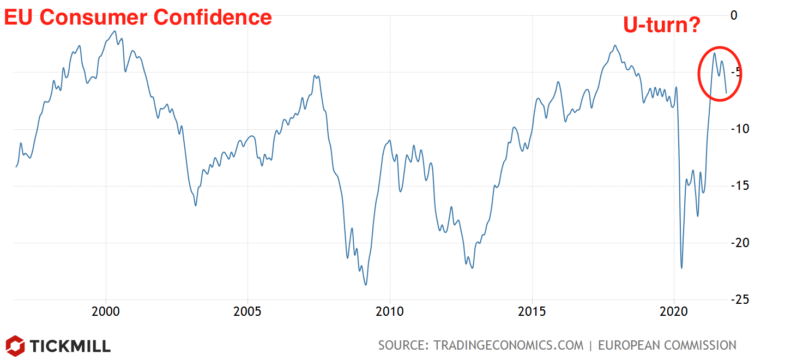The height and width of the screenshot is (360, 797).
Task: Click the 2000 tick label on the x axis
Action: [106, 312]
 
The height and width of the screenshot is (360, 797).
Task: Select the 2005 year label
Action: [247, 312]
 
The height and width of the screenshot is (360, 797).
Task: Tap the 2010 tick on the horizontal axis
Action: [390, 312]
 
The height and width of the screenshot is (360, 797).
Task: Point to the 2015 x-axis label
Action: [532, 312]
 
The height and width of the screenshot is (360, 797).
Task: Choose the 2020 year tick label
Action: [674, 312]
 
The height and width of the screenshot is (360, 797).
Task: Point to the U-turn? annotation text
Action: [661, 25]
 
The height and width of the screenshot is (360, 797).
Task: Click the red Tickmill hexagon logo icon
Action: [15, 345]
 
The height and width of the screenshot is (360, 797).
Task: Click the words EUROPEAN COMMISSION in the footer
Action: [667, 345]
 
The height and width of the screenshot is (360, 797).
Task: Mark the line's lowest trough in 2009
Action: [366, 285]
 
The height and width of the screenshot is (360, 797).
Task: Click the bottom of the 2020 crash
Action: [681, 268]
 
